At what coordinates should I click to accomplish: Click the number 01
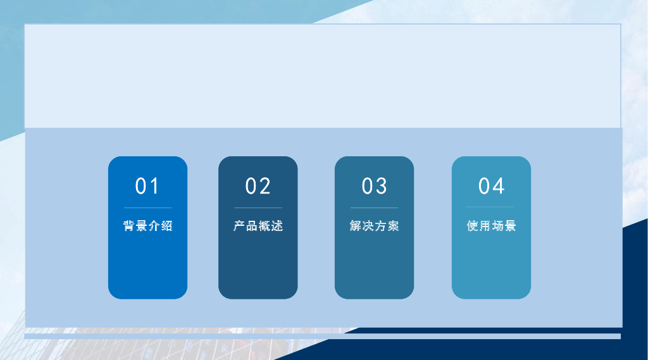point(147,186)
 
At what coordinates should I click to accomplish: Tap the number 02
point(258,186)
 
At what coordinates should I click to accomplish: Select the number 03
point(374,186)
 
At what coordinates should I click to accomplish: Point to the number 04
point(491,186)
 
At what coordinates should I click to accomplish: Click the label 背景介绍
point(147,226)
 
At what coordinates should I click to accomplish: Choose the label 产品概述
point(258,226)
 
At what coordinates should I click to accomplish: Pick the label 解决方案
point(374,226)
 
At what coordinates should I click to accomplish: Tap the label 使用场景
point(491,226)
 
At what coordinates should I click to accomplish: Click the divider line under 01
point(147,208)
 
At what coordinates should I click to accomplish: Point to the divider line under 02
point(258,208)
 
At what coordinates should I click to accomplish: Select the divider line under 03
point(374,208)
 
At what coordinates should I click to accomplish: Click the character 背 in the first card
point(129,226)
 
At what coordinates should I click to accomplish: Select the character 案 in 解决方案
point(393,226)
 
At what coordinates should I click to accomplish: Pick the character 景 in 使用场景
point(510,226)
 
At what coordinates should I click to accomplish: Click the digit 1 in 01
point(155,186)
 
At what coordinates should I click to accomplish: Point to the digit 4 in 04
point(499,186)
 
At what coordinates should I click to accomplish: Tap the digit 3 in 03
point(382,186)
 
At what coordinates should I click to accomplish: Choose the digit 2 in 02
point(265,186)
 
